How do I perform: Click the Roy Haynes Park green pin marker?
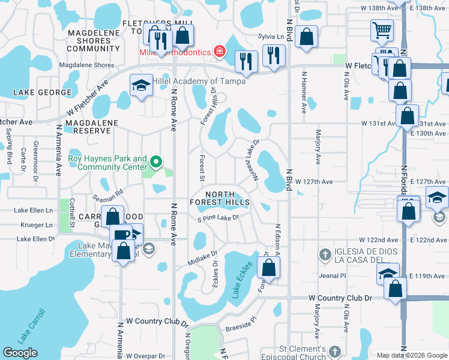point(156,161)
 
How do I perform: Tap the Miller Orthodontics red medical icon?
point(220,52)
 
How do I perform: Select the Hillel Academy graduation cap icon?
point(141,85)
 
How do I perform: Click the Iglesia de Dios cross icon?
point(325,254)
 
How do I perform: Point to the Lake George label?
point(35,92)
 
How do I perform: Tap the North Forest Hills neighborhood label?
point(228,199)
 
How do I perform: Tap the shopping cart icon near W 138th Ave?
point(382,28)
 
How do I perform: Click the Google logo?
point(20,353)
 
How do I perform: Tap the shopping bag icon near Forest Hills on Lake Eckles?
point(269,266)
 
